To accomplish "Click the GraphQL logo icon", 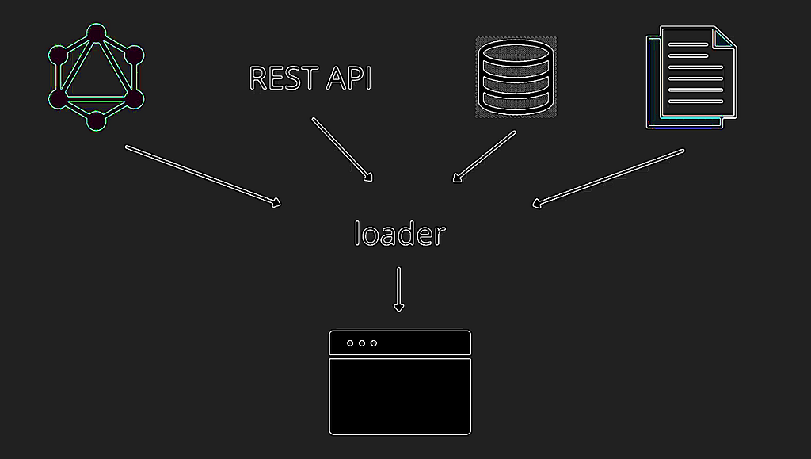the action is (x=96, y=77).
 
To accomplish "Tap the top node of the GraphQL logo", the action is (x=96, y=33).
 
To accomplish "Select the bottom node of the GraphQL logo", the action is (x=96, y=121).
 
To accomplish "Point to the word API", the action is (x=348, y=78).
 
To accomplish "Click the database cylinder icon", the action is (x=516, y=77).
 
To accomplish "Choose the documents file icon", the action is (x=691, y=77).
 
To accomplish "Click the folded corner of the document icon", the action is (x=725, y=37).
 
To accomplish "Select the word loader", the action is (x=400, y=233).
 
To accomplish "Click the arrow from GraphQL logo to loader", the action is (x=204, y=177).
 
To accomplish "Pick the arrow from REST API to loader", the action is (x=342, y=150).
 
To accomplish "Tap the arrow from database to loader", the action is (x=484, y=156).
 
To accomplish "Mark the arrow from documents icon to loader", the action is (x=608, y=178).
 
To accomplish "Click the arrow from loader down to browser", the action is (x=399, y=290).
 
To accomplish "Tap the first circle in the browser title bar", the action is (x=350, y=343).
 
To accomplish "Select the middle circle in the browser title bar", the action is (x=362, y=343).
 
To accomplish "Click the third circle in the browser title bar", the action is (x=374, y=343).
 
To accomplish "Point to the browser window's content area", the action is (x=400, y=396).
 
